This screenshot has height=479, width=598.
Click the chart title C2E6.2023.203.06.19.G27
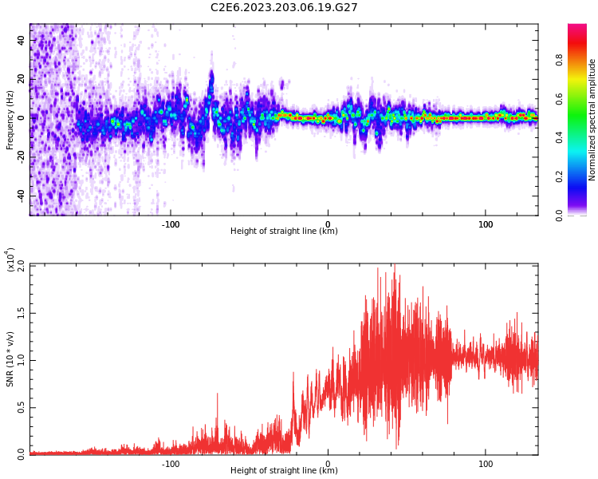284,7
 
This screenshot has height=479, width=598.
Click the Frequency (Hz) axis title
10,119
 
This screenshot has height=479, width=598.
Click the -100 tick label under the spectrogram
171,224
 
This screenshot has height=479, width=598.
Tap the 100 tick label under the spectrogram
486,224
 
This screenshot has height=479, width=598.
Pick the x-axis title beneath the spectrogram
284,232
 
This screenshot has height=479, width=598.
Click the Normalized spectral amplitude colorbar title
592,119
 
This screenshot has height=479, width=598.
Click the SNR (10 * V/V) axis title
10,359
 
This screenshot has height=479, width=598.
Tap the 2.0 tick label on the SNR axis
21,266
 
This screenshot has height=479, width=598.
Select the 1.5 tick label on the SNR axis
21,313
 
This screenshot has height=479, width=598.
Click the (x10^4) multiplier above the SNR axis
12,260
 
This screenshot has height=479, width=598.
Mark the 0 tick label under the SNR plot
328,463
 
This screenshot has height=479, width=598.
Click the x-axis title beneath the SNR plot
284,471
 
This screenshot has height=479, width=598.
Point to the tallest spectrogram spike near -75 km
211,76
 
